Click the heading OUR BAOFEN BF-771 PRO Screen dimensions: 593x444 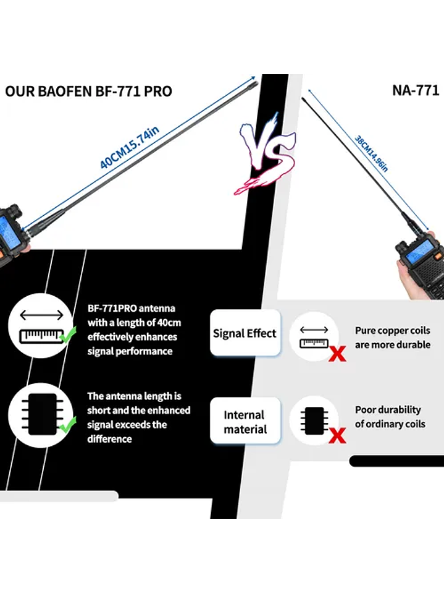pos(88,92)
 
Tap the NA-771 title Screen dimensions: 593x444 pos(415,90)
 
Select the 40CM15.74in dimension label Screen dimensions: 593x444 pos(130,147)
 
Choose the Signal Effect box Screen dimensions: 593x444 pos(245,333)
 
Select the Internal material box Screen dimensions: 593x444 pos(245,422)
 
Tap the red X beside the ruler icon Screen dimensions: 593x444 pos(337,354)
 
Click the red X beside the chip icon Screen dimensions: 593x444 pos(337,436)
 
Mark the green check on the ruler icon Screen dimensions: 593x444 pos(68,336)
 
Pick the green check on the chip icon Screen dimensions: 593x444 pos(68,425)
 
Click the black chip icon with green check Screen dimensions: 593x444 pos(41,413)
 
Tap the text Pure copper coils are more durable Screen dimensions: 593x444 pos(392,338)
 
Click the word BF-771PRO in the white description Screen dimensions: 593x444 pos(112,308)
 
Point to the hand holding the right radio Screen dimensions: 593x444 pos(415,281)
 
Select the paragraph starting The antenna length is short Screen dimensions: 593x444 pos(138,417)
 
